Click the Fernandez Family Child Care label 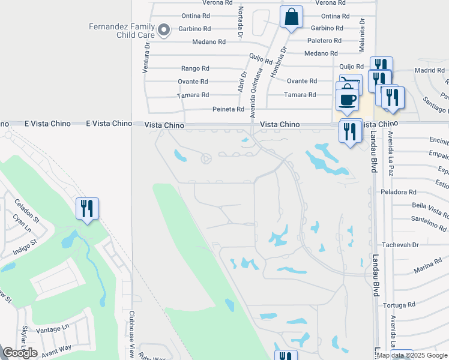tap(122, 31)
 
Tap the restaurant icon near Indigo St tap(87, 209)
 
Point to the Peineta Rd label tap(228, 110)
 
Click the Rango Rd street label tap(195, 68)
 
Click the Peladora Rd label tap(398, 192)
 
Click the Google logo tap(20, 353)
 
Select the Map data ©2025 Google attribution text tap(412, 355)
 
